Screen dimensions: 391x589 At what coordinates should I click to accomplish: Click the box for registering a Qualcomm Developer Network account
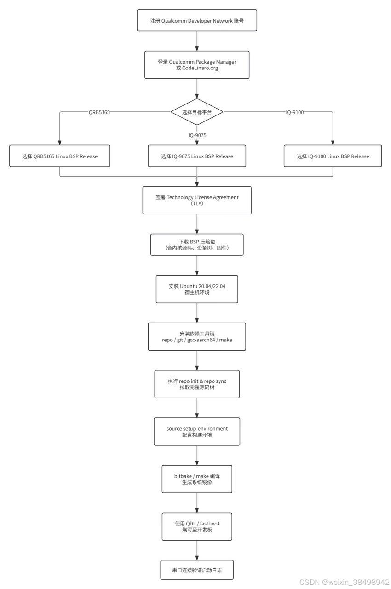tap(197, 20)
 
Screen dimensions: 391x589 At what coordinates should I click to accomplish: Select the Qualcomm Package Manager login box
tap(197, 65)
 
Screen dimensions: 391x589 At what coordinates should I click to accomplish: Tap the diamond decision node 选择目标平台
tap(197, 112)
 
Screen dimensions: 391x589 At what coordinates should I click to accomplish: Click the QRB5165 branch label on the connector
tap(99, 112)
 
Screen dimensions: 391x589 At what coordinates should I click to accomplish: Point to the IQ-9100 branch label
tap(294, 112)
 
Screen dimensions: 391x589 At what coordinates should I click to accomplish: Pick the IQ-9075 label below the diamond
tap(197, 135)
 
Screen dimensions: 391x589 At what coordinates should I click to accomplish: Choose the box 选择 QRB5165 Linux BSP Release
tap(60, 156)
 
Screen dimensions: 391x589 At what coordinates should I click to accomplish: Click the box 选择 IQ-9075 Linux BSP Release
tap(197, 156)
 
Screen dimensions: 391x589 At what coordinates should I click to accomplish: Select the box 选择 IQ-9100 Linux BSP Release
tap(333, 156)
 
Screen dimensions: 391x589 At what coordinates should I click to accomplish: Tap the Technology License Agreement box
tap(197, 200)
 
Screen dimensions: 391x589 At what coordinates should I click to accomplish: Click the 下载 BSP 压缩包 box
tap(197, 244)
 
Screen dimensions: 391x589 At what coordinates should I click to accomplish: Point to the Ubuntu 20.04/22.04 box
tap(197, 289)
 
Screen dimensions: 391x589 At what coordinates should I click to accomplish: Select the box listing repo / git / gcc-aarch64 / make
tap(197, 336)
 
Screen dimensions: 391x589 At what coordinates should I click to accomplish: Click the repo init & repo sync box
tap(197, 384)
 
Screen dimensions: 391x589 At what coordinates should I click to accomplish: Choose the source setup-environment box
tap(197, 432)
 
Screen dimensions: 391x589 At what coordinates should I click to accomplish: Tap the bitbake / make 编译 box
tap(197, 479)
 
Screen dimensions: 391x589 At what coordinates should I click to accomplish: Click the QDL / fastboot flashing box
tap(197, 526)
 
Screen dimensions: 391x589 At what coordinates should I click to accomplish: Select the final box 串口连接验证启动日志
tap(197, 570)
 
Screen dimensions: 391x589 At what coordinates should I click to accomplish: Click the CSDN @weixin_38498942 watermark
tap(344, 582)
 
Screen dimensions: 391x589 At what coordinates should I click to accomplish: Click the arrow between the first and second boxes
tap(197, 41)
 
